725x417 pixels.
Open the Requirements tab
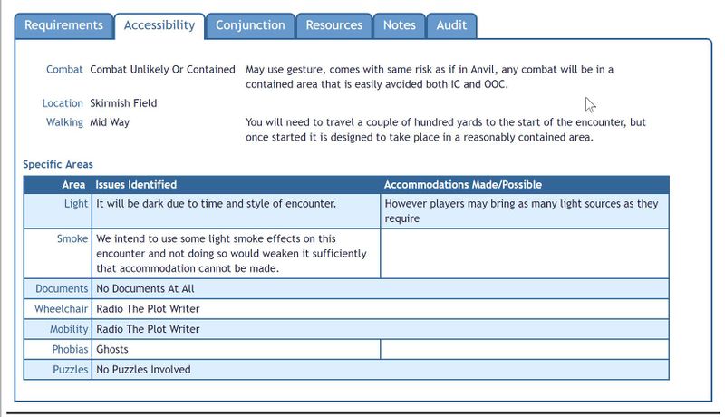click(x=64, y=25)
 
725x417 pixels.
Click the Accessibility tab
click(x=159, y=25)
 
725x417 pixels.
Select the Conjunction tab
click(x=250, y=25)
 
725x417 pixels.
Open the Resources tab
click(x=333, y=25)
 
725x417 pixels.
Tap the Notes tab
click(x=399, y=25)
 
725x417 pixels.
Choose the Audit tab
click(x=451, y=25)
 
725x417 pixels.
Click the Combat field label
click(x=64, y=70)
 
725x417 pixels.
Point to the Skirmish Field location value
click(x=123, y=103)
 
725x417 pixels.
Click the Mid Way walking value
click(x=110, y=122)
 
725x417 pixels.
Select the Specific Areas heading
click(x=58, y=165)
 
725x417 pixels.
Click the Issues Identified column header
click(x=136, y=185)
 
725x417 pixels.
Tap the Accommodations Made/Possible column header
click(x=463, y=185)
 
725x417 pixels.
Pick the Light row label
click(x=76, y=204)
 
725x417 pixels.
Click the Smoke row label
click(x=72, y=239)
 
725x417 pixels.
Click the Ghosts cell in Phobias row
click(x=112, y=349)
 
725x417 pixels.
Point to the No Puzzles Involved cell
click(x=143, y=370)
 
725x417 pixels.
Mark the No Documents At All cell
click(x=145, y=289)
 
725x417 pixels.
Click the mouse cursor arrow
click(x=590, y=104)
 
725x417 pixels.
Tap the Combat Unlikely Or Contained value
click(x=162, y=70)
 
